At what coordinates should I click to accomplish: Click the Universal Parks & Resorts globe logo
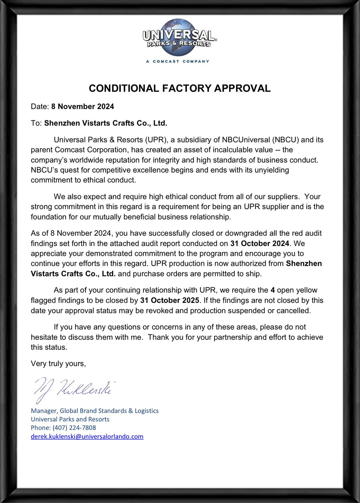(x=179, y=37)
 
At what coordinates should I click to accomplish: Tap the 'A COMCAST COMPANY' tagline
(x=178, y=61)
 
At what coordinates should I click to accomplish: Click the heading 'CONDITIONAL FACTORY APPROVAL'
(x=180, y=88)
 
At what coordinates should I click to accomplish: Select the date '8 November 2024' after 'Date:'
(x=82, y=107)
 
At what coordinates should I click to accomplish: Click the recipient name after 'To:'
(x=106, y=123)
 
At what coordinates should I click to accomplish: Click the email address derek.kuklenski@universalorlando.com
(x=87, y=437)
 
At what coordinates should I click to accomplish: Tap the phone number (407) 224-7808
(x=74, y=428)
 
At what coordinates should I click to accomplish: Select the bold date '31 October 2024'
(x=259, y=243)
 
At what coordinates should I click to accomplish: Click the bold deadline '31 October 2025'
(x=170, y=300)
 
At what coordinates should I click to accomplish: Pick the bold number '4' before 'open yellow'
(x=273, y=290)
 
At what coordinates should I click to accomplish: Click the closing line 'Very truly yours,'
(x=58, y=364)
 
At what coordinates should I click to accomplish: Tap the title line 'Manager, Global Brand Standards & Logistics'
(x=95, y=411)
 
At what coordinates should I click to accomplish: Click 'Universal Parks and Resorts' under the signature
(x=70, y=419)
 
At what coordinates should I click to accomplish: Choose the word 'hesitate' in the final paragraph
(x=44, y=337)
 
